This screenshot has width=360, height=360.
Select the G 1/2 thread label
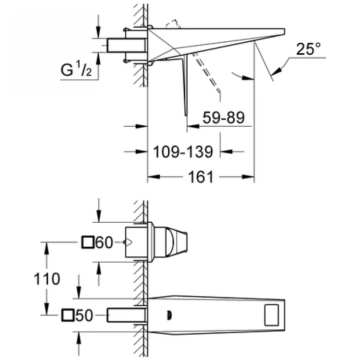[77, 72]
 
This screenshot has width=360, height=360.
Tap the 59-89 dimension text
[223, 118]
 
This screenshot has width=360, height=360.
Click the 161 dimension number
[200, 177]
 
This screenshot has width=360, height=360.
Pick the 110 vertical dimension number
[47, 278]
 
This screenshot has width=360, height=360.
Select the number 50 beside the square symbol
[84, 315]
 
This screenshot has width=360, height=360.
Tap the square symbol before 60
[88, 243]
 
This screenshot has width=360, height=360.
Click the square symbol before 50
[68, 315]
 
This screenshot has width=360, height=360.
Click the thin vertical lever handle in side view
[185, 86]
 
